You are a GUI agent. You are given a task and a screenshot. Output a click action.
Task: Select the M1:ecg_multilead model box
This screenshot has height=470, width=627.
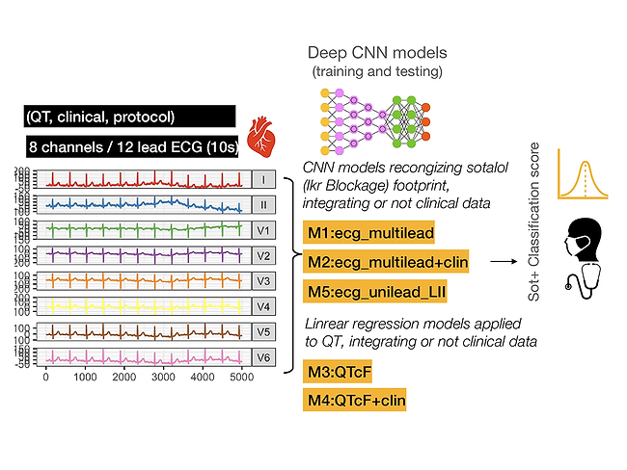pyautogui.click(x=368, y=232)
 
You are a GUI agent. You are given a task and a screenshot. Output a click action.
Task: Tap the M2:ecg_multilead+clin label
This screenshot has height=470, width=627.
pyautogui.click(x=386, y=261)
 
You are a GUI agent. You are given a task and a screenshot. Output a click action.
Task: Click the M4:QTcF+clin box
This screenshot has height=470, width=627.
pyautogui.click(x=354, y=399)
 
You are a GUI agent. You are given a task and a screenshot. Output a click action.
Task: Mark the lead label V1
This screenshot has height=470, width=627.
pyautogui.click(x=264, y=229)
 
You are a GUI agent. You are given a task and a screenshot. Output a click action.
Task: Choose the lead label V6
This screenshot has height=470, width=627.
pyautogui.click(x=264, y=357)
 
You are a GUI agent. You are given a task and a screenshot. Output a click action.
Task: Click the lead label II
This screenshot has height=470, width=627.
pyautogui.click(x=264, y=204)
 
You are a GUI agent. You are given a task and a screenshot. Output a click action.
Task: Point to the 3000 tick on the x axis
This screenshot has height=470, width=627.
pyautogui.click(x=163, y=379)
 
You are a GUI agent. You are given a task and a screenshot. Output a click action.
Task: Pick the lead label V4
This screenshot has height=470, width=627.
pyautogui.click(x=264, y=306)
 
